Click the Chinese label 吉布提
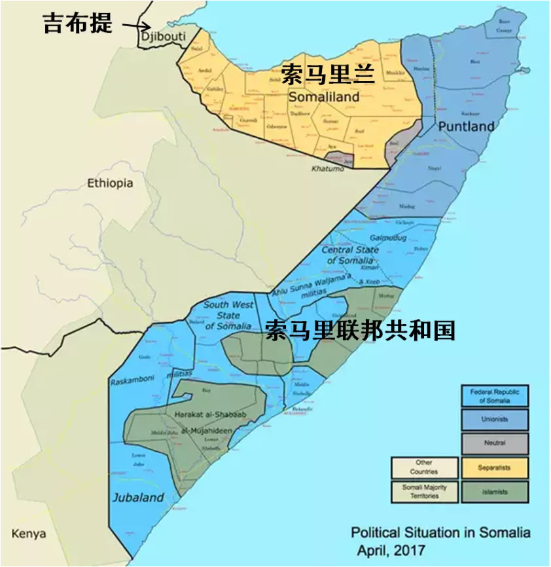pyautogui.click(x=78, y=24)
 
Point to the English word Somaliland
pyautogui.click(x=324, y=97)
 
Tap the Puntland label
pyautogui.click(x=466, y=126)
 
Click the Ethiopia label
pyautogui.click(x=110, y=183)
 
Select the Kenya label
pyautogui.click(x=29, y=534)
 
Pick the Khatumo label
pyautogui.click(x=327, y=169)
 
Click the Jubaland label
pyautogui.click(x=137, y=498)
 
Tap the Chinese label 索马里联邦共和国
pyautogui.click(x=359, y=331)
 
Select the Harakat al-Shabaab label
pyautogui.click(x=203, y=414)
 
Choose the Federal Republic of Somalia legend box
pyautogui.click(x=495, y=396)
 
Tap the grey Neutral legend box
pyautogui.click(x=495, y=443)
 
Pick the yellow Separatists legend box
pyautogui.click(x=495, y=467)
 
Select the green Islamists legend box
pyautogui.click(x=495, y=491)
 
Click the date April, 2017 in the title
pyautogui.click(x=391, y=550)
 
